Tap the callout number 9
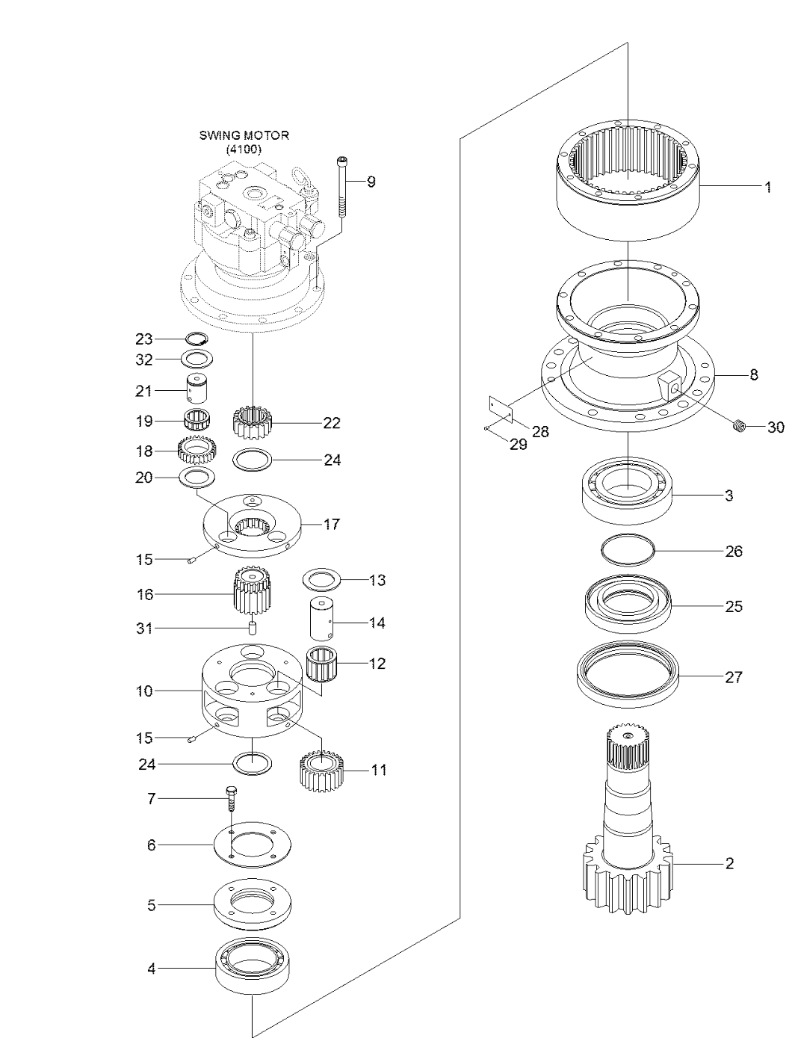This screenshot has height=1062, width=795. coord(371,182)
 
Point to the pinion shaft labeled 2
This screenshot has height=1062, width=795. coord(626,822)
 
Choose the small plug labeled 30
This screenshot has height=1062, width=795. coord(740,427)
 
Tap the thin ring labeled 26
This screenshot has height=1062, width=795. coord(628,551)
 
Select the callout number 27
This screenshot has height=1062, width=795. coord(734,677)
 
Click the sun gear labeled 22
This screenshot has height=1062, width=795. coord(253,424)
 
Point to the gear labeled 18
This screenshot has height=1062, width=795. coord(197,450)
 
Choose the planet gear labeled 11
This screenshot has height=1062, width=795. coord(321,771)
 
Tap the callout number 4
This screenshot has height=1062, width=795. coord(152,969)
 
